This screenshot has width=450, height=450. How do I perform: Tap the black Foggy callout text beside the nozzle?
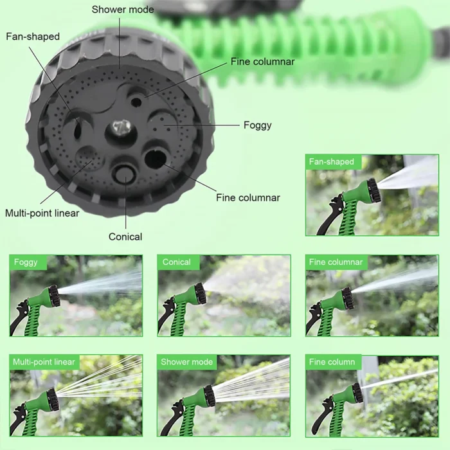(x=257, y=125)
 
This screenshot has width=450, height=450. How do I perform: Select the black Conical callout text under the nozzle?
(x=125, y=237)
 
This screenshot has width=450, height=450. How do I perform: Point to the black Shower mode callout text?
(x=123, y=9)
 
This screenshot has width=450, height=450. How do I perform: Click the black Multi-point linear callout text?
(x=42, y=213)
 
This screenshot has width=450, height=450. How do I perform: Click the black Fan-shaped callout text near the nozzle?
(x=33, y=37)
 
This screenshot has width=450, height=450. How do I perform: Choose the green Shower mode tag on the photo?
(x=186, y=362)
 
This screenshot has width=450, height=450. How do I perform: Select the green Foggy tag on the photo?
(x=26, y=262)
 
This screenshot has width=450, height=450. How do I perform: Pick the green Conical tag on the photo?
(x=176, y=262)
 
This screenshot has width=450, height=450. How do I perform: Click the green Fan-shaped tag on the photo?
(x=331, y=162)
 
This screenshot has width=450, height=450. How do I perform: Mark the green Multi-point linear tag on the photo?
(x=44, y=362)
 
